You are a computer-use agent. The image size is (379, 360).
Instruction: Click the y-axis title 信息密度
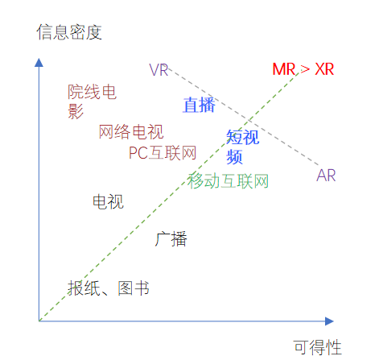(x=69, y=32)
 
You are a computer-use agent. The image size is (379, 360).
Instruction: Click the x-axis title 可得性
(x=318, y=347)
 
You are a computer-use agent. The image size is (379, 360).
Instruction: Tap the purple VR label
(x=159, y=70)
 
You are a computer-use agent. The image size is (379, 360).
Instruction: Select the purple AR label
(x=326, y=176)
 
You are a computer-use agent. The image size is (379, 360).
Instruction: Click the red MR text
(x=284, y=69)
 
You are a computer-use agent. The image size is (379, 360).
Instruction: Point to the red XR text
(x=324, y=69)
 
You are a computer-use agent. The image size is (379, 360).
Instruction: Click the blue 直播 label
(x=199, y=105)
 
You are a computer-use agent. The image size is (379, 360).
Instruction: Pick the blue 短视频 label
(x=242, y=147)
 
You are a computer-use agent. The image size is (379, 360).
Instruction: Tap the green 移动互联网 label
(x=228, y=181)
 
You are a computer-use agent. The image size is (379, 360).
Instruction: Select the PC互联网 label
(x=163, y=153)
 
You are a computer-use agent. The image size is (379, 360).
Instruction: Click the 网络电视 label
(x=131, y=132)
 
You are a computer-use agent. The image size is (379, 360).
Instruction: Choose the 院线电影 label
(x=92, y=101)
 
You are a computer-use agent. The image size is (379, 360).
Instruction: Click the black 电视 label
(x=108, y=201)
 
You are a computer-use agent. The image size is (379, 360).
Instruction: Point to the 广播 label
(x=171, y=239)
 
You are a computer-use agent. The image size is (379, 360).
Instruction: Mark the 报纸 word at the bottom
(x=84, y=288)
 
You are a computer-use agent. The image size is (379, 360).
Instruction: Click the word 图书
(x=134, y=288)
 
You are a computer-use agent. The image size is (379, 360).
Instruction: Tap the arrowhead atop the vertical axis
(x=39, y=62)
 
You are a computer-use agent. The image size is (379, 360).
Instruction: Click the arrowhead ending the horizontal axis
(x=329, y=321)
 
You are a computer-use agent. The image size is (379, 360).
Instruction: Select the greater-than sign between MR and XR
(x=305, y=69)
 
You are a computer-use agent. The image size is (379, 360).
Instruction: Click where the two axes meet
(x=39, y=321)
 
